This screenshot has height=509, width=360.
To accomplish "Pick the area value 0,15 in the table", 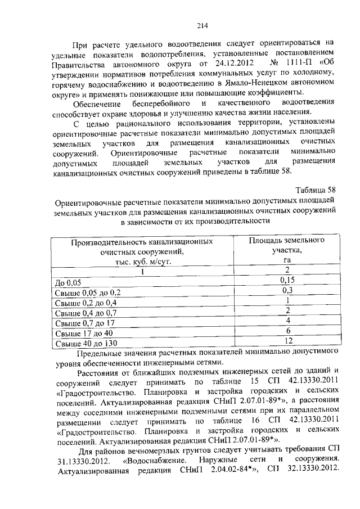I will click(x=287, y=280).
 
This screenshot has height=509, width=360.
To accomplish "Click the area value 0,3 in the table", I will click(x=287, y=290).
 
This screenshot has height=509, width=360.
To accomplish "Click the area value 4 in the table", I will click(x=287, y=321).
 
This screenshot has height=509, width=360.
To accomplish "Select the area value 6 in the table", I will click(x=287, y=331).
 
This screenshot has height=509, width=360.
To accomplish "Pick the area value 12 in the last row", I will click(x=287, y=341).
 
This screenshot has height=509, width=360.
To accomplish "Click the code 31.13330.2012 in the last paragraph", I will click(x=82, y=461).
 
